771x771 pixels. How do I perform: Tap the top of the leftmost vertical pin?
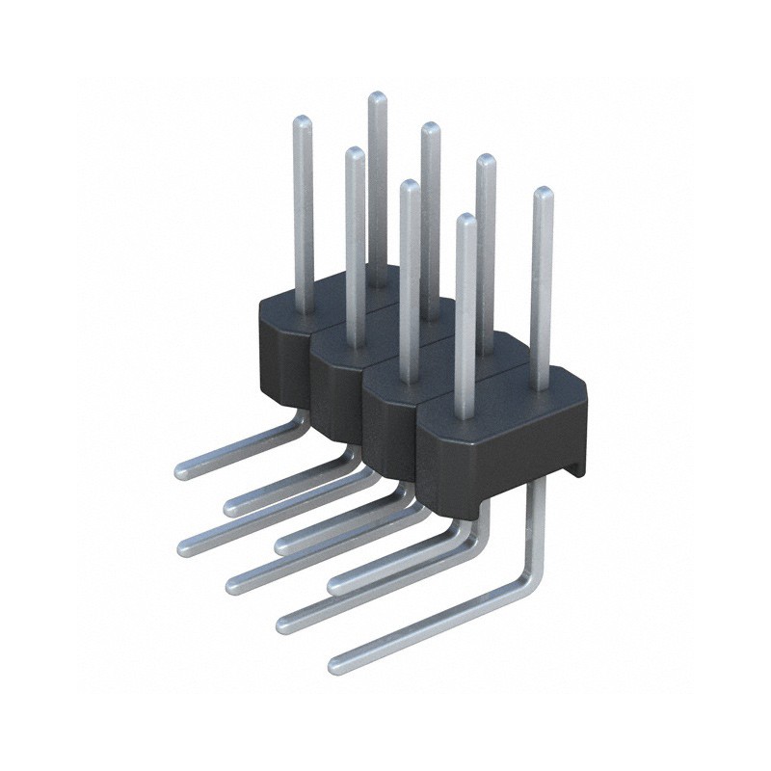[303, 121]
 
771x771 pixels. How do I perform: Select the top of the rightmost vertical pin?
[543, 194]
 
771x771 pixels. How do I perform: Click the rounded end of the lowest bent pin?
[337, 664]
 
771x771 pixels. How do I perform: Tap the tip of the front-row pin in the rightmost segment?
[465, 221]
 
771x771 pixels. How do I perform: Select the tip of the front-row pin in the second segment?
[354, 154]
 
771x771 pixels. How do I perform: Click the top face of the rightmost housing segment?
[501, 395]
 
